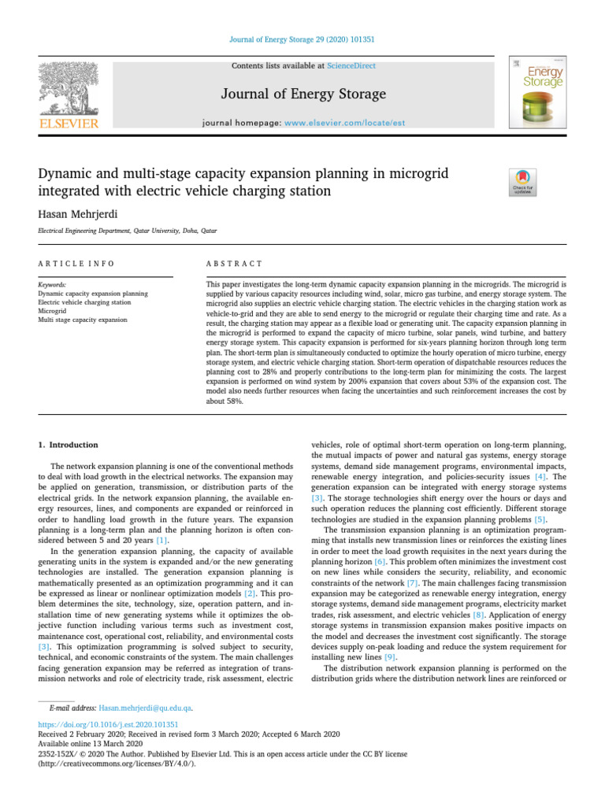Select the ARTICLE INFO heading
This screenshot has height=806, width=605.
76,263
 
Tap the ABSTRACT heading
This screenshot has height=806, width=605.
233,263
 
